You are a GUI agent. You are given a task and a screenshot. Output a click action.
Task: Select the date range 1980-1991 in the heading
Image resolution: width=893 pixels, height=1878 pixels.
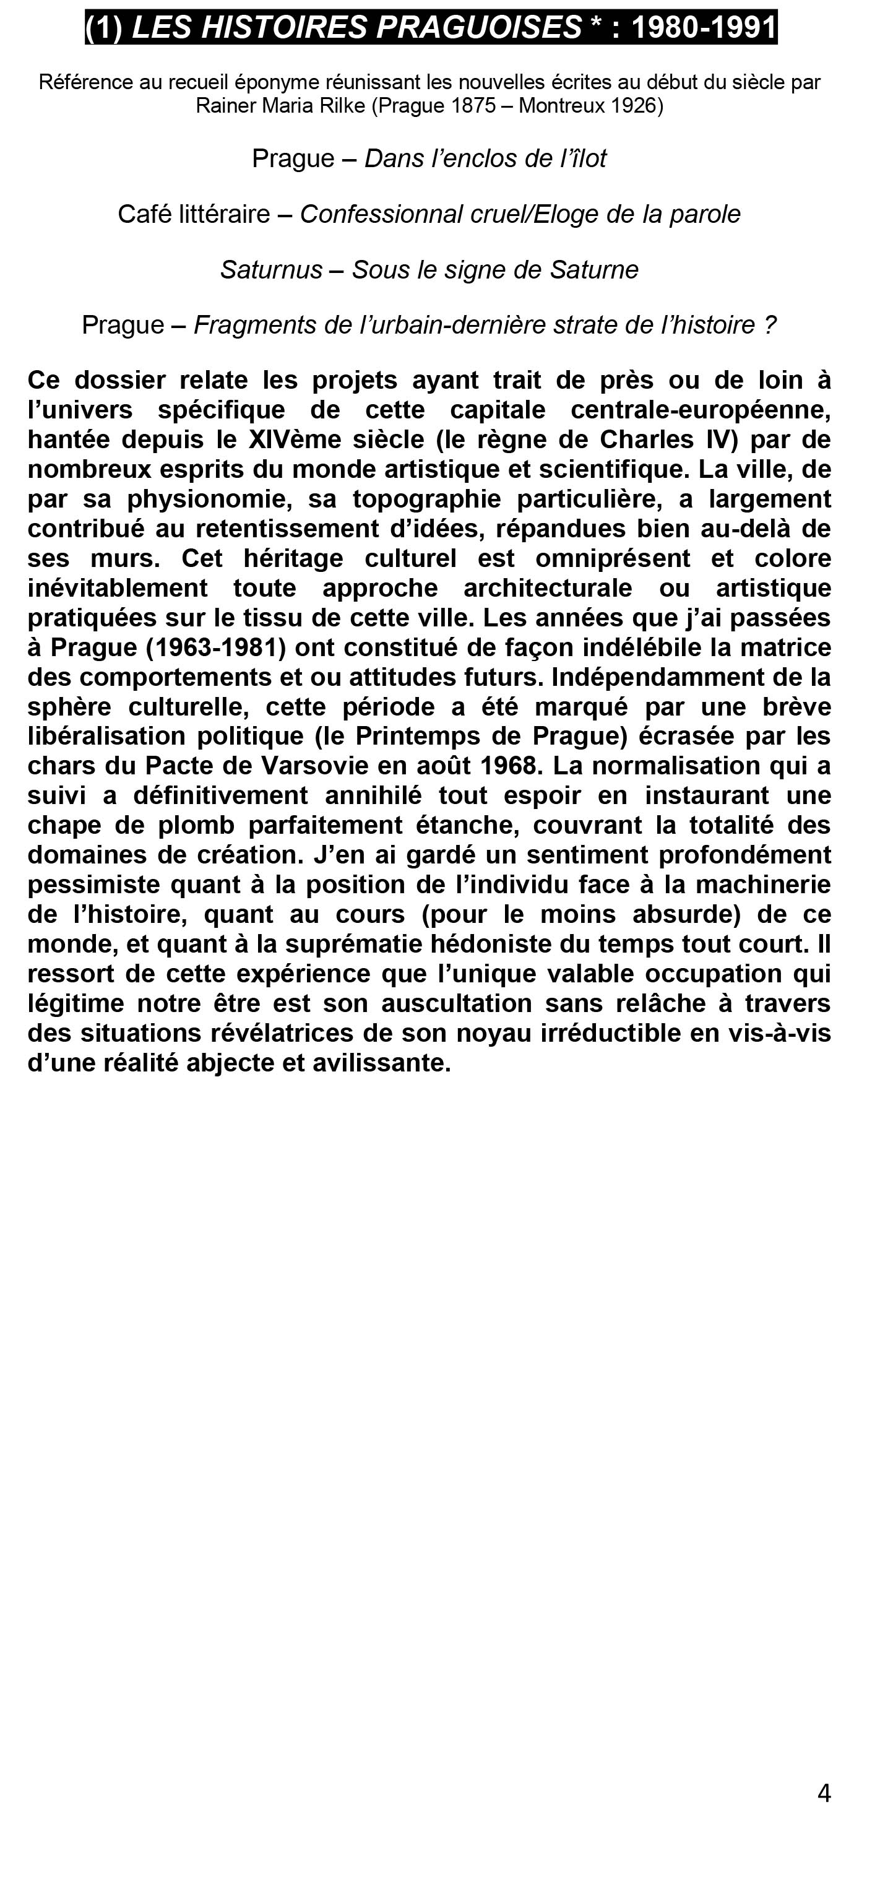tap(704, 28)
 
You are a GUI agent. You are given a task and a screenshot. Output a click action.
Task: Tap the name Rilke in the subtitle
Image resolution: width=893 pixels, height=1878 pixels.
tap(342, 106)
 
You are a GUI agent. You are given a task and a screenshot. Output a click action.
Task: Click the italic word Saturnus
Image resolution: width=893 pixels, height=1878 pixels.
tap(271, 270)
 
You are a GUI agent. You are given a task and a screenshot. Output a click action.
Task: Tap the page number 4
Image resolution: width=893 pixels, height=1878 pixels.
tap(824, 1793)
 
